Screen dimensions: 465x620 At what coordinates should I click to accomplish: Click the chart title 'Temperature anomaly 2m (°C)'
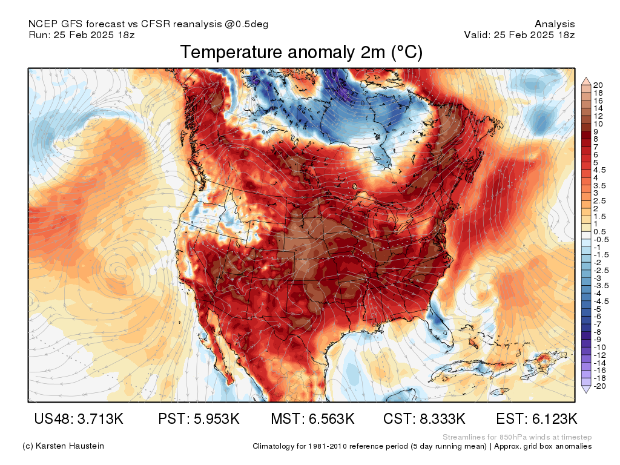(301, 53)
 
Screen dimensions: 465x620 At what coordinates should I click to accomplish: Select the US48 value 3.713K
(79, 419)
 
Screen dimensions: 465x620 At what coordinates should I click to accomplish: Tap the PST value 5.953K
(199, 419)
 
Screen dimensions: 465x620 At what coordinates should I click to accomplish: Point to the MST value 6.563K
(312, 419)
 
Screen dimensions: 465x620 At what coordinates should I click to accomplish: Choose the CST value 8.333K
(424, 419)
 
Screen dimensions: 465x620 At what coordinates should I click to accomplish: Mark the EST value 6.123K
(536, 419)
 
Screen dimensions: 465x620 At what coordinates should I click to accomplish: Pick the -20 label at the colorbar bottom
(601, 386)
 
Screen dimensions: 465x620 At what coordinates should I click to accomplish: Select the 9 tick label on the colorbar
(597, 131)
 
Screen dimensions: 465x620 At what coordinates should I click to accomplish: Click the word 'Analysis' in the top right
(555, 24)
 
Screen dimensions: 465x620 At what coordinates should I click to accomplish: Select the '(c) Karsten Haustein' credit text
(63, 446)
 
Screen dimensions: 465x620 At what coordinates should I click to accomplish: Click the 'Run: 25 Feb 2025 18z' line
(81, 35)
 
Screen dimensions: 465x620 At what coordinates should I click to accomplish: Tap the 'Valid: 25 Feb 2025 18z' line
(519, 35)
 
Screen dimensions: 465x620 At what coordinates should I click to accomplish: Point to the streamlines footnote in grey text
(516, 437)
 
